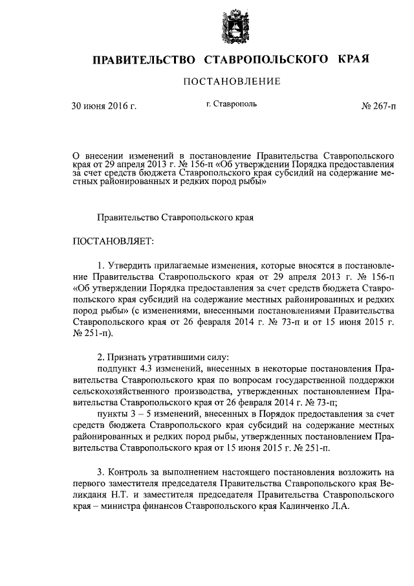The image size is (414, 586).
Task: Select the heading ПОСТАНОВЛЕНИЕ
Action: (x=232, y=82)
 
